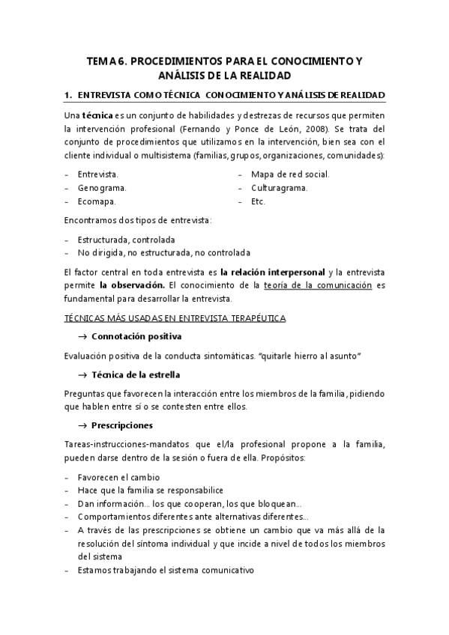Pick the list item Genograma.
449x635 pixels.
pyautogui.click(x=101, y=187)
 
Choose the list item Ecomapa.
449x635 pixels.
pyautogui.click(x=96, y=201)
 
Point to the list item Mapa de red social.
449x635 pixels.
pyautogui.click(x=290, y=174)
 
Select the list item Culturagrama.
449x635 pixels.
pyautogui.click(x=280, y=187)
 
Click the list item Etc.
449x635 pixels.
pyautogui.click(x=259, y=201)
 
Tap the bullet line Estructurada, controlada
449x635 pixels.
pyautogui.click(x=126, y=240)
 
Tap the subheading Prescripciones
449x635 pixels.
pyautogui.click(x=121, y=425)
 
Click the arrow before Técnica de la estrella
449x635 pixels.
pyautogui.click(x=82, y=374)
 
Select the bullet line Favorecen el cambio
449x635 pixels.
pyautogui.click(x=118, y=477)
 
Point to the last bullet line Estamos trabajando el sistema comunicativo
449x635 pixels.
pyautogui.click(x=165, y=570)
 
